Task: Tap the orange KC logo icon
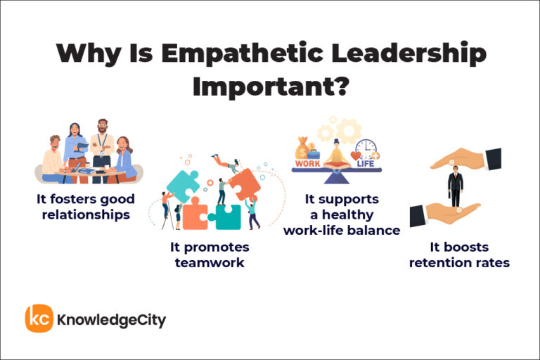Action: pyautogui.click(x=39, y=319)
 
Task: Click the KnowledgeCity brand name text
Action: pyautogui.click(x=112, y=320)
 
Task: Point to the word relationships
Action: pyautogui.click(x=86, y=215)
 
